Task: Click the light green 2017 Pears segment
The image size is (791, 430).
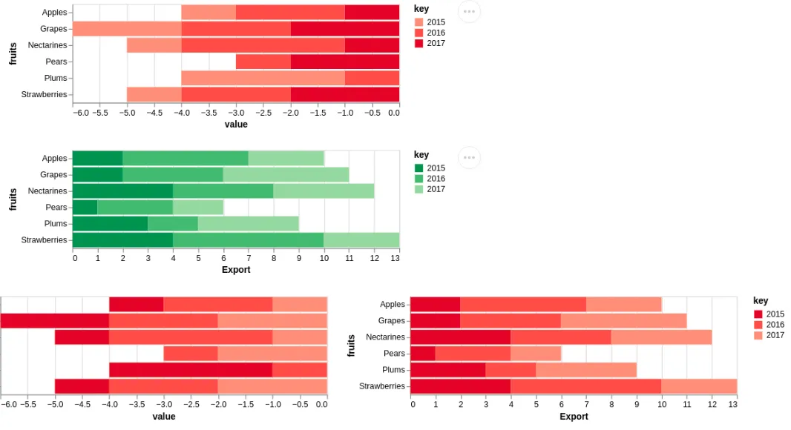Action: (x=198, y=208)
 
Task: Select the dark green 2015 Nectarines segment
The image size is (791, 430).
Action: (x=122, y=191)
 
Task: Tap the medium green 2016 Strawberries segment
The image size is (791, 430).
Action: (x=248, y=240)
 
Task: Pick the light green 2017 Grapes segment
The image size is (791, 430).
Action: (x=286, y=175)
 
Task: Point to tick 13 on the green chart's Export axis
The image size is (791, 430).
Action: (x=399, y=258)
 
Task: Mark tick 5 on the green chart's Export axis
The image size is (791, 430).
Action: (x=198, y=258)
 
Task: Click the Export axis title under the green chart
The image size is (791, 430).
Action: (x=236, y=270)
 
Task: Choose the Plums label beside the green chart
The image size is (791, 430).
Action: (x=56, y=224)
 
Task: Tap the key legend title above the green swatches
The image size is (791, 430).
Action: (x=421, y=155)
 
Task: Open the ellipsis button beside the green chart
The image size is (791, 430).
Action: (x=469, y=157)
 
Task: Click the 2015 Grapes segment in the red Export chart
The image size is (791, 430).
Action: (x=435, y=321)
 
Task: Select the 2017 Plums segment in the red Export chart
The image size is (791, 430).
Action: (x=586, y=370)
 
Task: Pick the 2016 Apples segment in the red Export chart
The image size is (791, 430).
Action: (x=523, y=305)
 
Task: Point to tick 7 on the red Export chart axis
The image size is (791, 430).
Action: (x=586, y=405)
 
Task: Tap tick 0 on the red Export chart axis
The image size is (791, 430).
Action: (x=413, y=405)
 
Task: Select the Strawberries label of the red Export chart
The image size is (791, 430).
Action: (x=382, y=386)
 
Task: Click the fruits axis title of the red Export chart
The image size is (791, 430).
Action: (x=352, y=345)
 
